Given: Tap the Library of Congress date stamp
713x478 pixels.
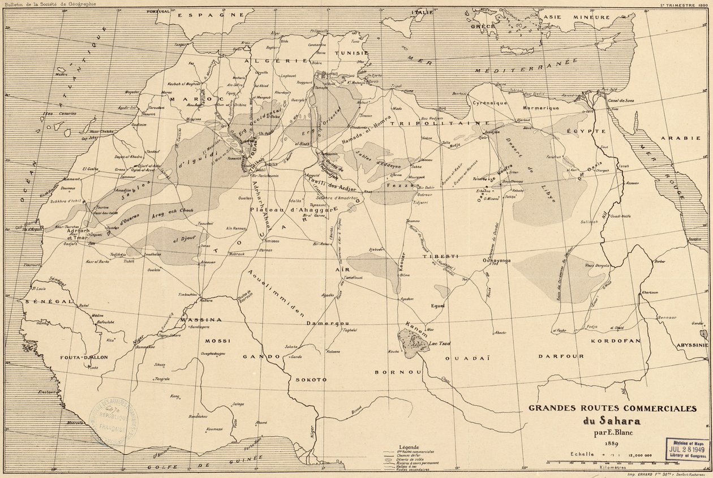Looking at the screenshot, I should [688, 447].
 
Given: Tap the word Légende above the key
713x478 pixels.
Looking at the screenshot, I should [409, 447].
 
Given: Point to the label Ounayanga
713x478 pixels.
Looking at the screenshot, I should [496, 260].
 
